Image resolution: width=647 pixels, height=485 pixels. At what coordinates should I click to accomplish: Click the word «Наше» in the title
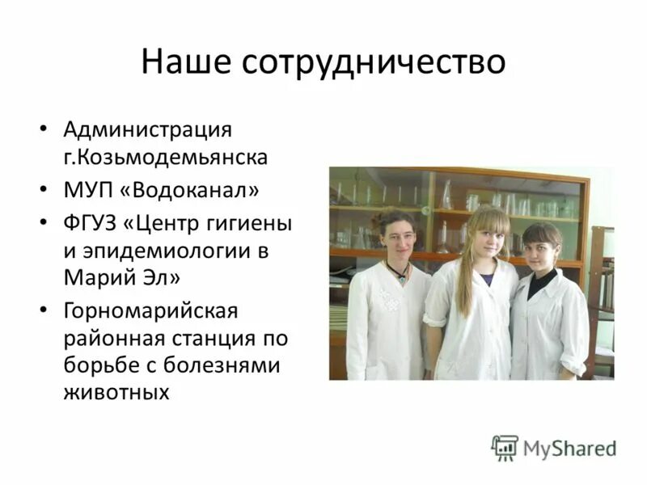click(189, 62)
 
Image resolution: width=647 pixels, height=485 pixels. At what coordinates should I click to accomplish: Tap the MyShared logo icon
click(505, 447)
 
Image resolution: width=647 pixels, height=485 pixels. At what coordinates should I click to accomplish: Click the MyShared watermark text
click(569, 448)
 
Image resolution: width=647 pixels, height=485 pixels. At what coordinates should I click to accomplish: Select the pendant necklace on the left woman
click(397, 272)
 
